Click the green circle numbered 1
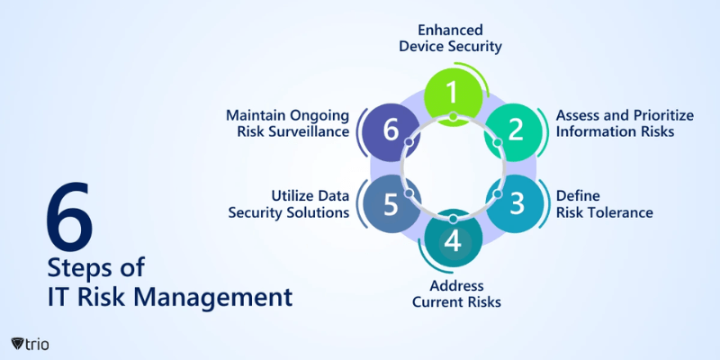tap(453, 92)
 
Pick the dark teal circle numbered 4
tap(453, 241)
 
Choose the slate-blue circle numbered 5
tap(390, 203)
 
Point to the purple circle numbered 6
tap(390, 129)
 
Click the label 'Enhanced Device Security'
tap(451, 37)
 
